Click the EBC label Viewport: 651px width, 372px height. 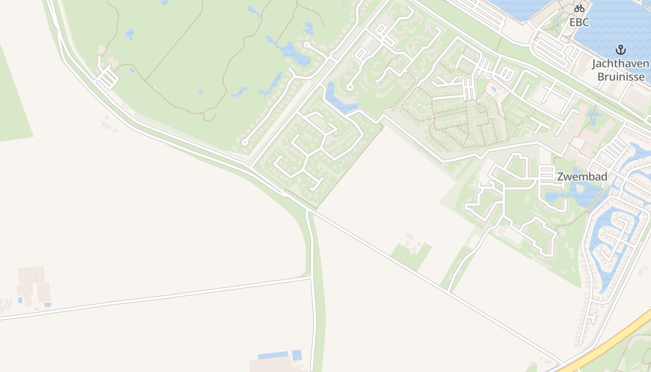click(x=579, y=22)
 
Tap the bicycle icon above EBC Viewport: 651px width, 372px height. click(x=579, y=8)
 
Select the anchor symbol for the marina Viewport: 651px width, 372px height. click(x=620, y=49)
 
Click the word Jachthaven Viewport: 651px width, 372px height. click(x=620, y=64)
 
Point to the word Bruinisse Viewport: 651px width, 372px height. click(x=620, y=76)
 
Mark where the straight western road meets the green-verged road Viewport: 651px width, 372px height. click(x=311, y=278)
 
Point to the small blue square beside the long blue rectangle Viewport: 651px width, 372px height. click(x=297, y=355)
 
